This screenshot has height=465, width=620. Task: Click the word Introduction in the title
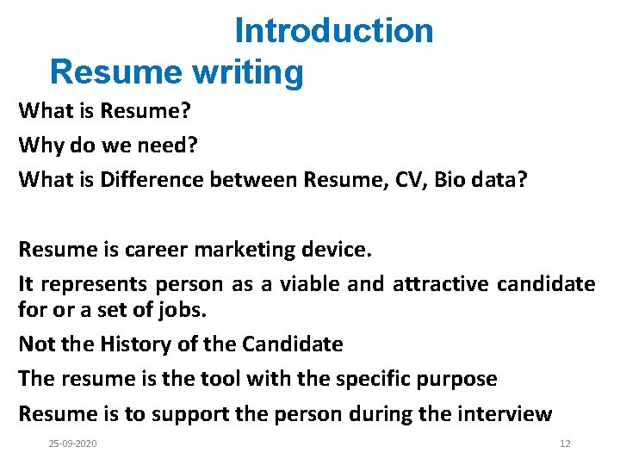334,31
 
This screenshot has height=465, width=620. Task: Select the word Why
41,146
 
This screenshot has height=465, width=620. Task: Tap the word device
339,250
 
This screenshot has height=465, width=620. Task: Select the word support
187,414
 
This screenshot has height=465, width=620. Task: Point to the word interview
500,414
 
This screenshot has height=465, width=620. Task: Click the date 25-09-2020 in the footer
73,443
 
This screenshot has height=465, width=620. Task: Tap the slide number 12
565,443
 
